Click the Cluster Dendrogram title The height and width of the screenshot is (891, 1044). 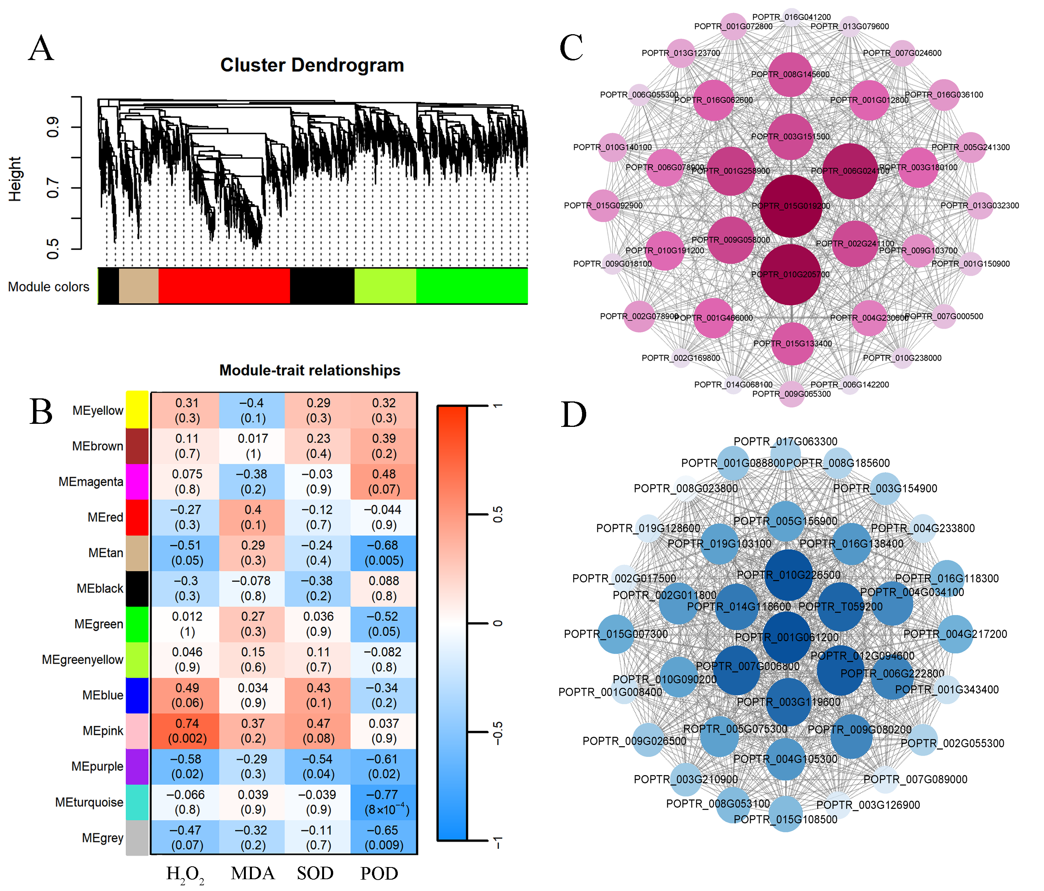312,65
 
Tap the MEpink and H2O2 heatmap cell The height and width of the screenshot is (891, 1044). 187,731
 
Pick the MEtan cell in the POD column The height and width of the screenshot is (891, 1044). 384,553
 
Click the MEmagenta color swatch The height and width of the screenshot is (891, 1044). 137,482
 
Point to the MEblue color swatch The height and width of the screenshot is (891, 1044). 137,695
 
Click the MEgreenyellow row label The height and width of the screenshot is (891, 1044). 83,660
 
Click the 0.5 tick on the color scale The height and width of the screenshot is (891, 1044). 497,515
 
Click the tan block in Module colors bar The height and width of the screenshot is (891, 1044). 139,286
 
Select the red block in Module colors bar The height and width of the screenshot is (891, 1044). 224,286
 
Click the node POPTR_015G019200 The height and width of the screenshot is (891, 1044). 791,206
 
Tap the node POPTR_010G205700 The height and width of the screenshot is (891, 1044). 791,274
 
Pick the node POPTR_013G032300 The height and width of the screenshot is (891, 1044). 980,206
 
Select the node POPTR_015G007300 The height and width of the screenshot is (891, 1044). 616,634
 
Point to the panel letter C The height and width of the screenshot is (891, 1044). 571,48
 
